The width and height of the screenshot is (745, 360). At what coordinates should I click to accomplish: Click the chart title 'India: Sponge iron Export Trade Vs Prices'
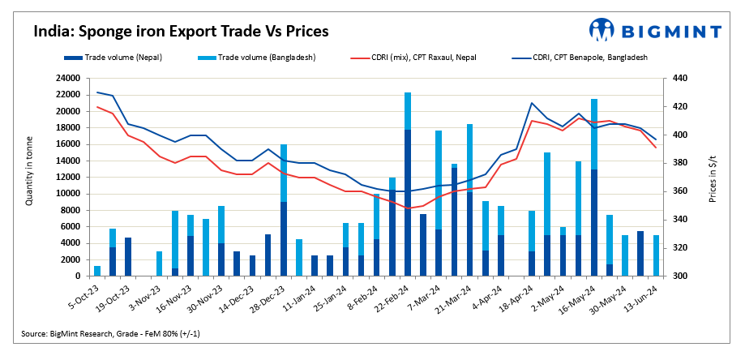click(180, 32)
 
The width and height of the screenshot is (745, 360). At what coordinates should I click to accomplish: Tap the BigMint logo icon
click(603, 30)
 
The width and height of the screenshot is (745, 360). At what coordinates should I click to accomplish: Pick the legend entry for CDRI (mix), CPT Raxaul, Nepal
click(421, 58)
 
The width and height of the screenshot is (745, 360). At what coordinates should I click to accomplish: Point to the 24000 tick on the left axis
click(68, 79)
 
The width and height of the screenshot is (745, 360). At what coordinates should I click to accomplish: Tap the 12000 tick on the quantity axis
click(68, 178)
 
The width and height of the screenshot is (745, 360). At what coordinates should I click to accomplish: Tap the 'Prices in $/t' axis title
click(713, 177)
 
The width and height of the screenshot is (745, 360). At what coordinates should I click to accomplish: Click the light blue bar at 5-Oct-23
click(97, 271)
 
